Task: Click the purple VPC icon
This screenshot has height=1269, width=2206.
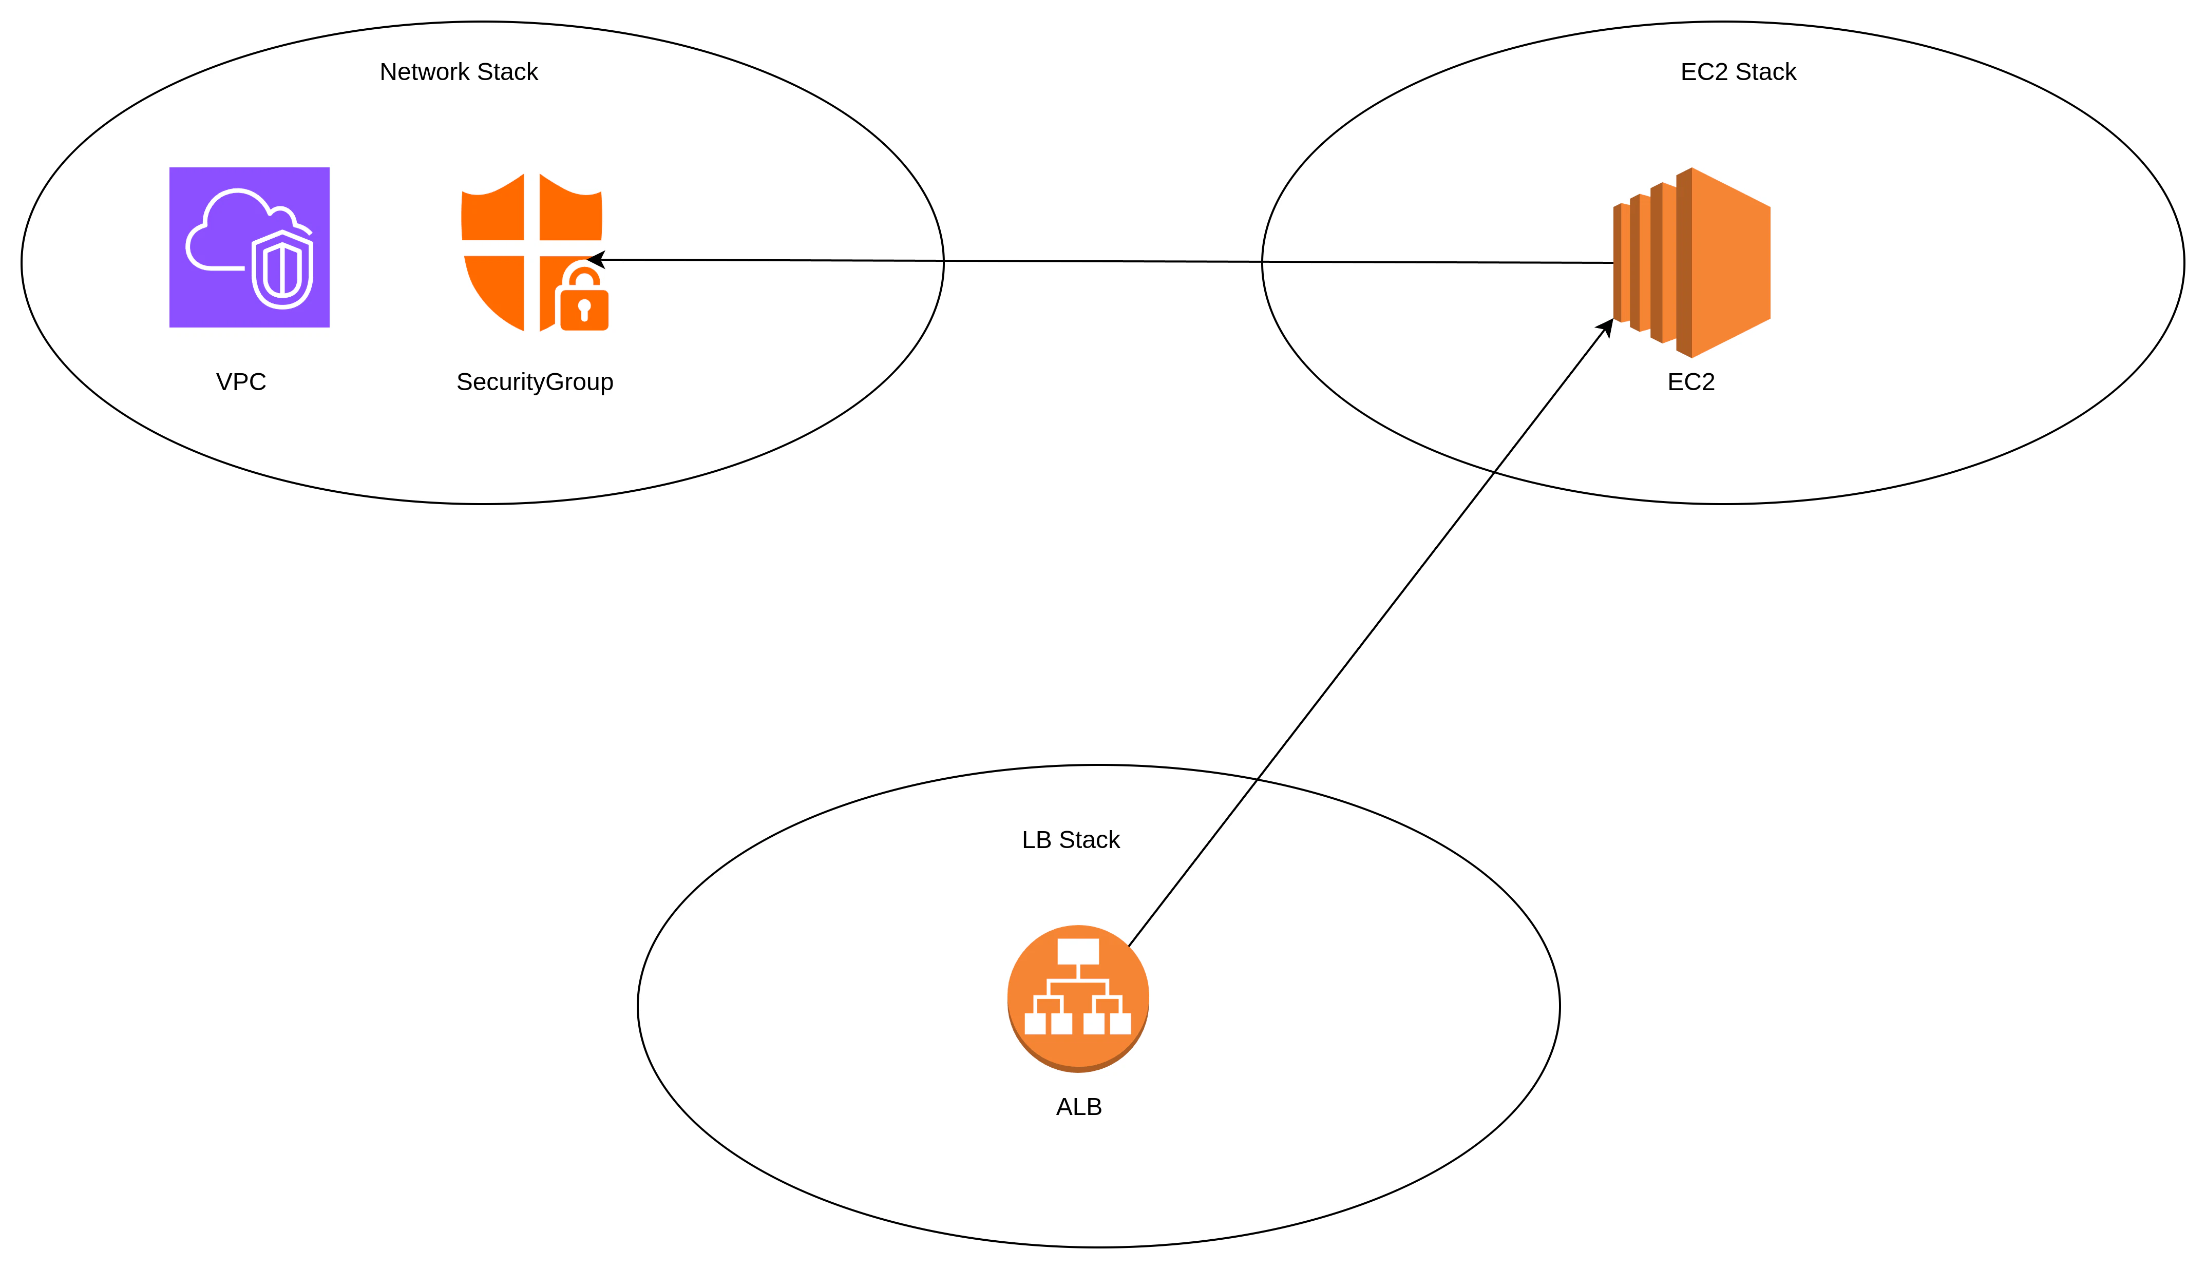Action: coord(249,247)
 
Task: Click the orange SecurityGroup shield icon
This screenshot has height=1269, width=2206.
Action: coord(534,252)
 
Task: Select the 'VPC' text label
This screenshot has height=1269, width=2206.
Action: coord(240,382)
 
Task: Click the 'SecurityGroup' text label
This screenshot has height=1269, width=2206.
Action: coord(534,382)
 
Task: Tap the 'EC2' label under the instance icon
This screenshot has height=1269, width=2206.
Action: coord(1691,382)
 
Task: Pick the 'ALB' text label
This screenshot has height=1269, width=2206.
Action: coord(1079,1107)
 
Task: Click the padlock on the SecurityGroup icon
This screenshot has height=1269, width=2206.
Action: coord(584,296)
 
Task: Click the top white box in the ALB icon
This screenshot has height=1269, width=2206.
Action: coord(1078,951)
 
